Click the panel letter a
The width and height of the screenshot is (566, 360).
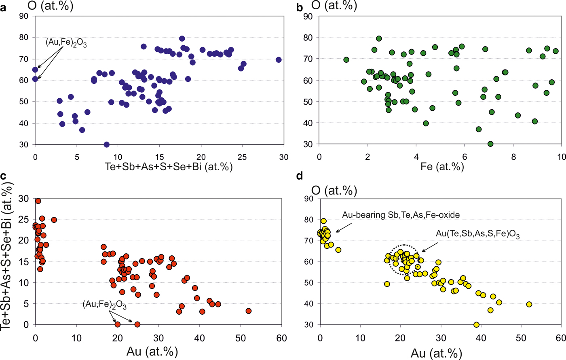(x=3, y=8)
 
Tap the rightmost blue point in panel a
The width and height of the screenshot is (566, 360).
(x=279, y=60)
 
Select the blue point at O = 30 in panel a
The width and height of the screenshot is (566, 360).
(x=107, y=144)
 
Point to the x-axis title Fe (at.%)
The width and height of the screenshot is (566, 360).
(x=439, y=167)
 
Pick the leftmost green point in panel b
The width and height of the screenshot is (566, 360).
(x=346, y=60)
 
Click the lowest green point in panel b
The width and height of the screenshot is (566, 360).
(x=490, y=144)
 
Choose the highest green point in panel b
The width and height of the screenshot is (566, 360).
(x=379, y=38)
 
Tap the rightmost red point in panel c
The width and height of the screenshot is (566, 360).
(x=249, y=311)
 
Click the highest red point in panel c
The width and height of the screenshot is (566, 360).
(x=38, y=201)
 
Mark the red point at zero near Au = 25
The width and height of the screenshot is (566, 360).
(x=137, y=324)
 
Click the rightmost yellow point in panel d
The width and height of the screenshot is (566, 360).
(x=529, y=304)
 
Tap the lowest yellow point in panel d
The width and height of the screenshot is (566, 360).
(x=476, y=325)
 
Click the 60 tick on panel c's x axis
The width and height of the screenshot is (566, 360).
(x=281, y=338)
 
